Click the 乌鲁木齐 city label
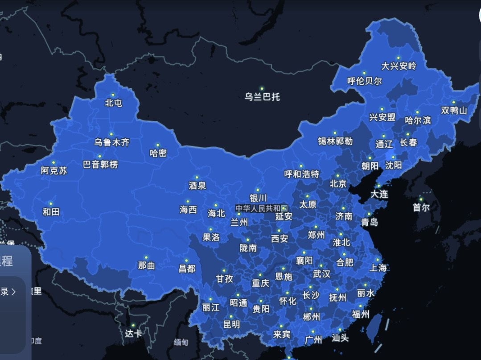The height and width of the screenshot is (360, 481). pyautogui.click(x=111, y=143)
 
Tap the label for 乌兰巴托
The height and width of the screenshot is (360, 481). pyautogui.click(x=262, y=97)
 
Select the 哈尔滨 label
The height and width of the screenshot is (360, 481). pyautogui.click(x=418, y=120)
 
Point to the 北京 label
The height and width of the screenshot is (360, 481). pyautogui.click(x=338, y=184)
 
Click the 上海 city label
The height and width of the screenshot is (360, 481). pyautogui.click(x=378, y=268)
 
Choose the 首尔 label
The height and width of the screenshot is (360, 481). pyautogui.click(x=421, y=207)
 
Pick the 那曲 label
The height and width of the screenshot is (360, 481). pyautogui.click(x=146, y=266)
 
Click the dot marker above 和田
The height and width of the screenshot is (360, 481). pyautogui.click(x=50, y=203)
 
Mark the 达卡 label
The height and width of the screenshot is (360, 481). pyautogui.click(x=133, y=333)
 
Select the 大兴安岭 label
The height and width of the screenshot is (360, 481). pyautogui.click(x=399, y=66)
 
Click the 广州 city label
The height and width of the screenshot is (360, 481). pyautogui.click(x=313, y=339)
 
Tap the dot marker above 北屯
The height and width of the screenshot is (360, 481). pyautogui.click(x=113, y=95)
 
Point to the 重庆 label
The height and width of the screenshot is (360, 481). pyautogui.click(x=260, y=283)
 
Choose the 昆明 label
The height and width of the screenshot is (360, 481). pyautogui.click(x=231, y=324)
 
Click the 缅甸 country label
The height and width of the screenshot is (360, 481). pyautogui.click(x=181, y=343)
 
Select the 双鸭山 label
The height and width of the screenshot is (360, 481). pyautogui.click(x=454, y=110)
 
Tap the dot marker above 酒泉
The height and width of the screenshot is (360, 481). pyautogui.click(x=197, y=177)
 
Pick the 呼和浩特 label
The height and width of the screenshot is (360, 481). pyautogui.click(x=302, y=174)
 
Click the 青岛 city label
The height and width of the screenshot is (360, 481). pyautogui.click(x=370, y=222)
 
